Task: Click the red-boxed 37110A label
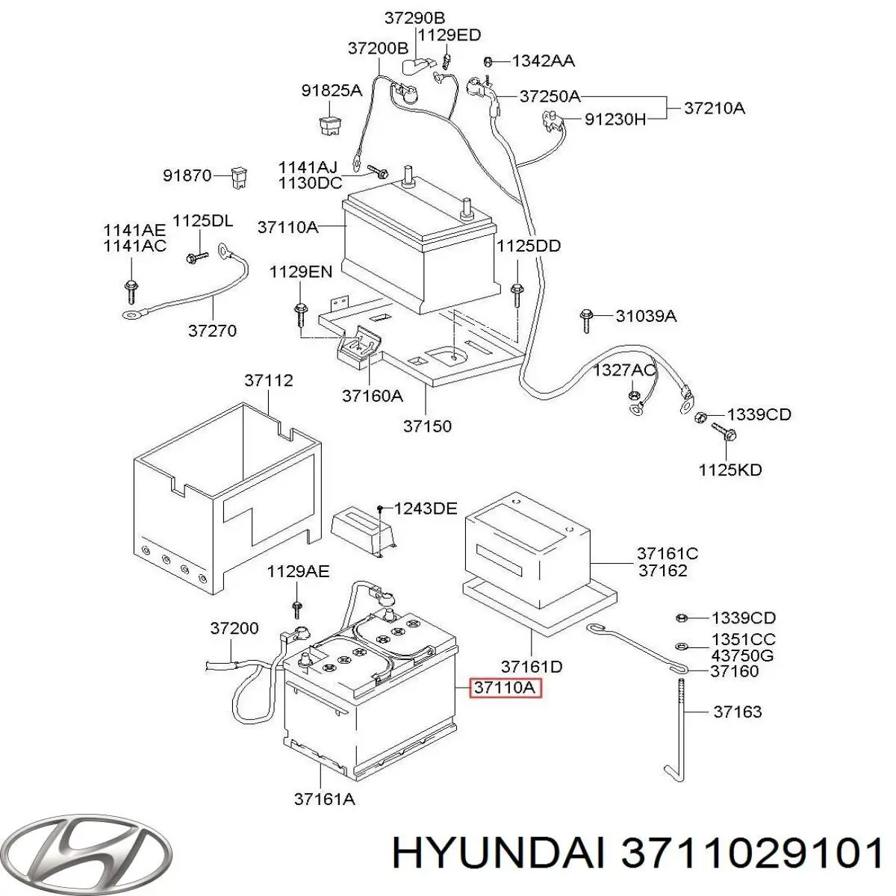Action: (505, 688)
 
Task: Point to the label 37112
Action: (269, 381)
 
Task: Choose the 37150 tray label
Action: (427, 426)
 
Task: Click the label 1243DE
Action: (425, 508)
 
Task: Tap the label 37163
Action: (737, 712)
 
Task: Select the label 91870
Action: (188, 176)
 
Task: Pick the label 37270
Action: (212, 330)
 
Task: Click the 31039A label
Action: (647, 316)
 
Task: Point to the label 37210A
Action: (715, 108)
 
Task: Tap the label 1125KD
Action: (730, 470)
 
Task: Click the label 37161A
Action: (324, 799)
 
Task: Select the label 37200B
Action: (378, 48)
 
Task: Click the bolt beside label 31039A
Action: (586, 319)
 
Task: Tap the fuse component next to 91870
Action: (239, 177)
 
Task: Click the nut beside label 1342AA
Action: (488, 61)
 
